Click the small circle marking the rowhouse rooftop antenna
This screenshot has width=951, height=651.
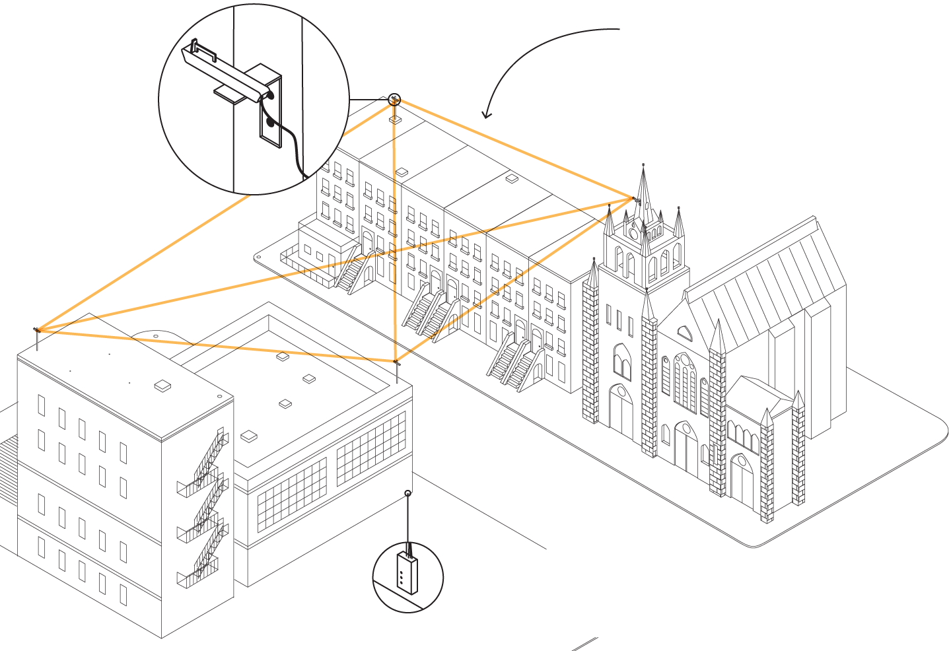(394, 100)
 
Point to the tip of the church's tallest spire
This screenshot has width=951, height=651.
(644, 165)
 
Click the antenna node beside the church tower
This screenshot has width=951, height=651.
(635, 199)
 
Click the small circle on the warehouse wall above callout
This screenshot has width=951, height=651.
(408, 493)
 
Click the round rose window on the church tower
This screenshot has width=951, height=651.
(634, 232)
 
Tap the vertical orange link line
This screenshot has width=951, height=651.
(394, 231)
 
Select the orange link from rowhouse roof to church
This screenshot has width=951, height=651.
(515, 149)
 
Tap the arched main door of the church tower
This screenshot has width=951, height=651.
(621, 413)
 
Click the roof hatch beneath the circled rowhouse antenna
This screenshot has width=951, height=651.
(395, 120)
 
